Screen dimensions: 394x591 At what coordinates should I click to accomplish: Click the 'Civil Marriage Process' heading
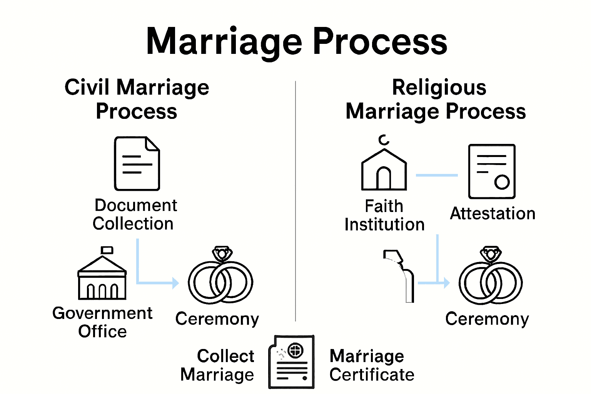click(x=137, y=99)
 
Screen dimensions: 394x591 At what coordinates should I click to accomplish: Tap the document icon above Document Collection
click(x=137, y=164)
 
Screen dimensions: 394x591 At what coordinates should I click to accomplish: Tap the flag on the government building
click(x=107, y=250)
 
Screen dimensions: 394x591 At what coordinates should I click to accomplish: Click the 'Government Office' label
click(x=102, y=322)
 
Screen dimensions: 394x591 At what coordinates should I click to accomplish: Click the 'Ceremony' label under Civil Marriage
click(x=217, y=319)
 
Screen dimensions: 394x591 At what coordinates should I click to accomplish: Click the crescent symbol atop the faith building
click(x=383, y=140)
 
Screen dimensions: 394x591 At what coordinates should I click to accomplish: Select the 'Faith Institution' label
click(x=384, y=215)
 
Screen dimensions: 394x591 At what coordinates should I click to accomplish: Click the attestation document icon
click(x=491, y=171)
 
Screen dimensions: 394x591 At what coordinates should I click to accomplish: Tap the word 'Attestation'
click(x=492, y=214)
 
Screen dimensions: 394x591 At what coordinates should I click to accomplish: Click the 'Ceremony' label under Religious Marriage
click(x=487, y=319)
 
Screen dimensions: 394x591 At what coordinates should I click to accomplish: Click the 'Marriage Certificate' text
click(x=371, y=365)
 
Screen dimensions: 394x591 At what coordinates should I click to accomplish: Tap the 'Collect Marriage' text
click(x=218, y=365)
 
